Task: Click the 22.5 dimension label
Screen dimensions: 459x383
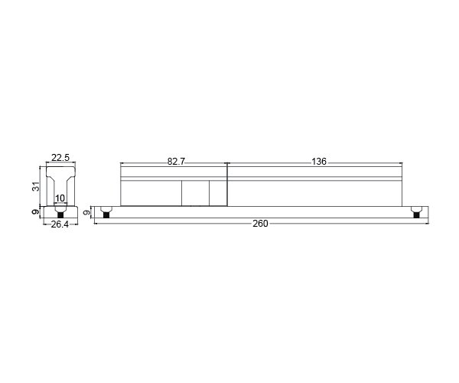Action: point(60,158)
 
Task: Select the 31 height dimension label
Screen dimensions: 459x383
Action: point(36,186)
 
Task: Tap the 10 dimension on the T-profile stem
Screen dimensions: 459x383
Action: point(60,198)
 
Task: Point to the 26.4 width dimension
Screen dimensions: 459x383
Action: point(60,224)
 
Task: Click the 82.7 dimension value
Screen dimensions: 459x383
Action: point(176,162)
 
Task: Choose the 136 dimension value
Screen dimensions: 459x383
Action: point(319,162)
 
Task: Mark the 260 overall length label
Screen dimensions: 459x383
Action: point(260,224)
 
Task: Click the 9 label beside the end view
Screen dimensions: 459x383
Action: point(36,212)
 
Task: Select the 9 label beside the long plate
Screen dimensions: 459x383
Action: point(87,212)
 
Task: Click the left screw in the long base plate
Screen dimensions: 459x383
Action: point(106,212)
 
